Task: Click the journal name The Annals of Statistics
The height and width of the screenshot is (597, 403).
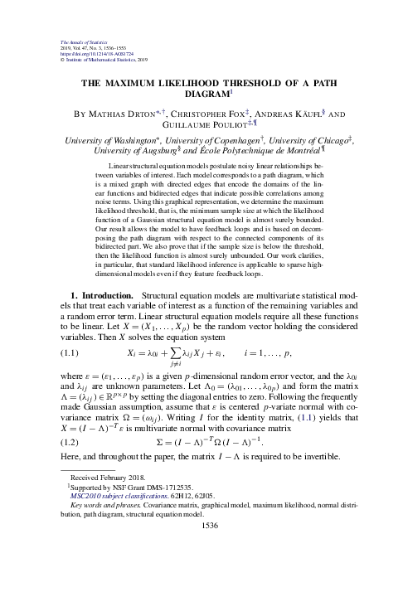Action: click(x=76, y=41)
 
